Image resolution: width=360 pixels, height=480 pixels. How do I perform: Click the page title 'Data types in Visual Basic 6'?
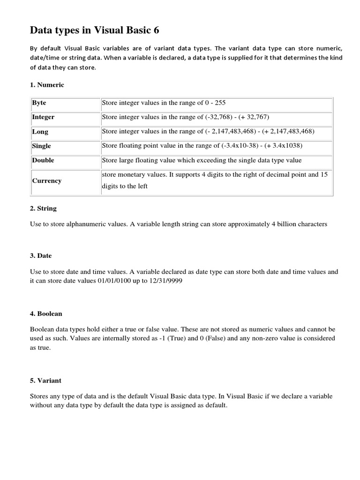click(x=95, y=31)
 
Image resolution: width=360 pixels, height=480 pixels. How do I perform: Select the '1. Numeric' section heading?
click(x=47, y=85)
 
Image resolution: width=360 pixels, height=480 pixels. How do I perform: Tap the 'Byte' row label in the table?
click(x=39, y=103)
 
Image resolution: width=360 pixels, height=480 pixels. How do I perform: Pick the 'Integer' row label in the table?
click(x=43, y=117)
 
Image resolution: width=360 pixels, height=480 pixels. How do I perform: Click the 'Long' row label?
click(x=40, y=132)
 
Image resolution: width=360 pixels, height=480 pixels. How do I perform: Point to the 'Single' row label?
click(x=42, y=146)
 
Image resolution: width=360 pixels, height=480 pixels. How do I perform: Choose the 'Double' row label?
click(x=43, y=160)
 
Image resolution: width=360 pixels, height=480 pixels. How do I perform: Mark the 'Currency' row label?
click(x=47, y=180)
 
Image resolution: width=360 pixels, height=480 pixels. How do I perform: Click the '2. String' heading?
click(x=43, y=208)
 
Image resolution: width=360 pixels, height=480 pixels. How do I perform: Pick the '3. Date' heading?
click(x=41, y=255)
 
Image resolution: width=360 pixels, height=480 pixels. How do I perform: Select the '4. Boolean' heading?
click(x=46, y=313)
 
